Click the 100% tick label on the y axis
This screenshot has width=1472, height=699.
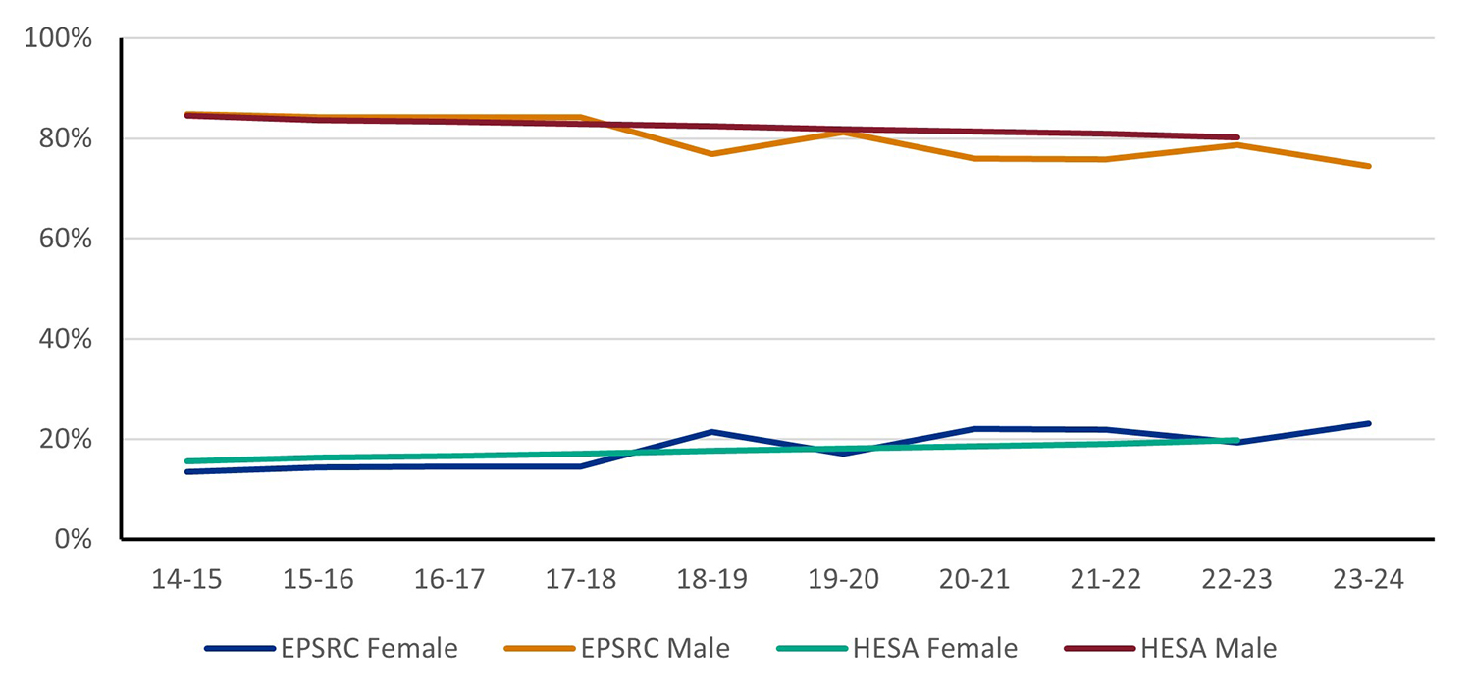pos(60,39)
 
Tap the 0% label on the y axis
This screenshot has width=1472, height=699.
pos(74,539)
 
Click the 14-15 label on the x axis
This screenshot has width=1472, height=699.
pos(185,580)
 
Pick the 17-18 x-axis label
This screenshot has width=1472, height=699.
pos(580,580)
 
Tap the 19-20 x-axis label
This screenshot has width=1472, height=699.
pos(843,580)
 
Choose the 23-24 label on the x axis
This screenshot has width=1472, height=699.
pos(1369,580)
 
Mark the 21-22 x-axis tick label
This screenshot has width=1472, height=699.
pos(1106,580)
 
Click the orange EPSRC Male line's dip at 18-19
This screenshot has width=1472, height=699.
pos(711,154)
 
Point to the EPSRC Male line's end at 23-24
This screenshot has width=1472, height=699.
pos(1369,166)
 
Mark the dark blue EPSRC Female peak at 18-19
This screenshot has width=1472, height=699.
pos(711,432)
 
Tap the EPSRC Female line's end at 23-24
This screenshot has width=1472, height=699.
pos(1369,423)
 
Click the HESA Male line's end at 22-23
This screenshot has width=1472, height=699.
pos(1237,137)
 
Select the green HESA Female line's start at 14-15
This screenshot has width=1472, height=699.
pos(186,461)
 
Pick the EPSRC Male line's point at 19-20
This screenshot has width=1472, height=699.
pos(843,132)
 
